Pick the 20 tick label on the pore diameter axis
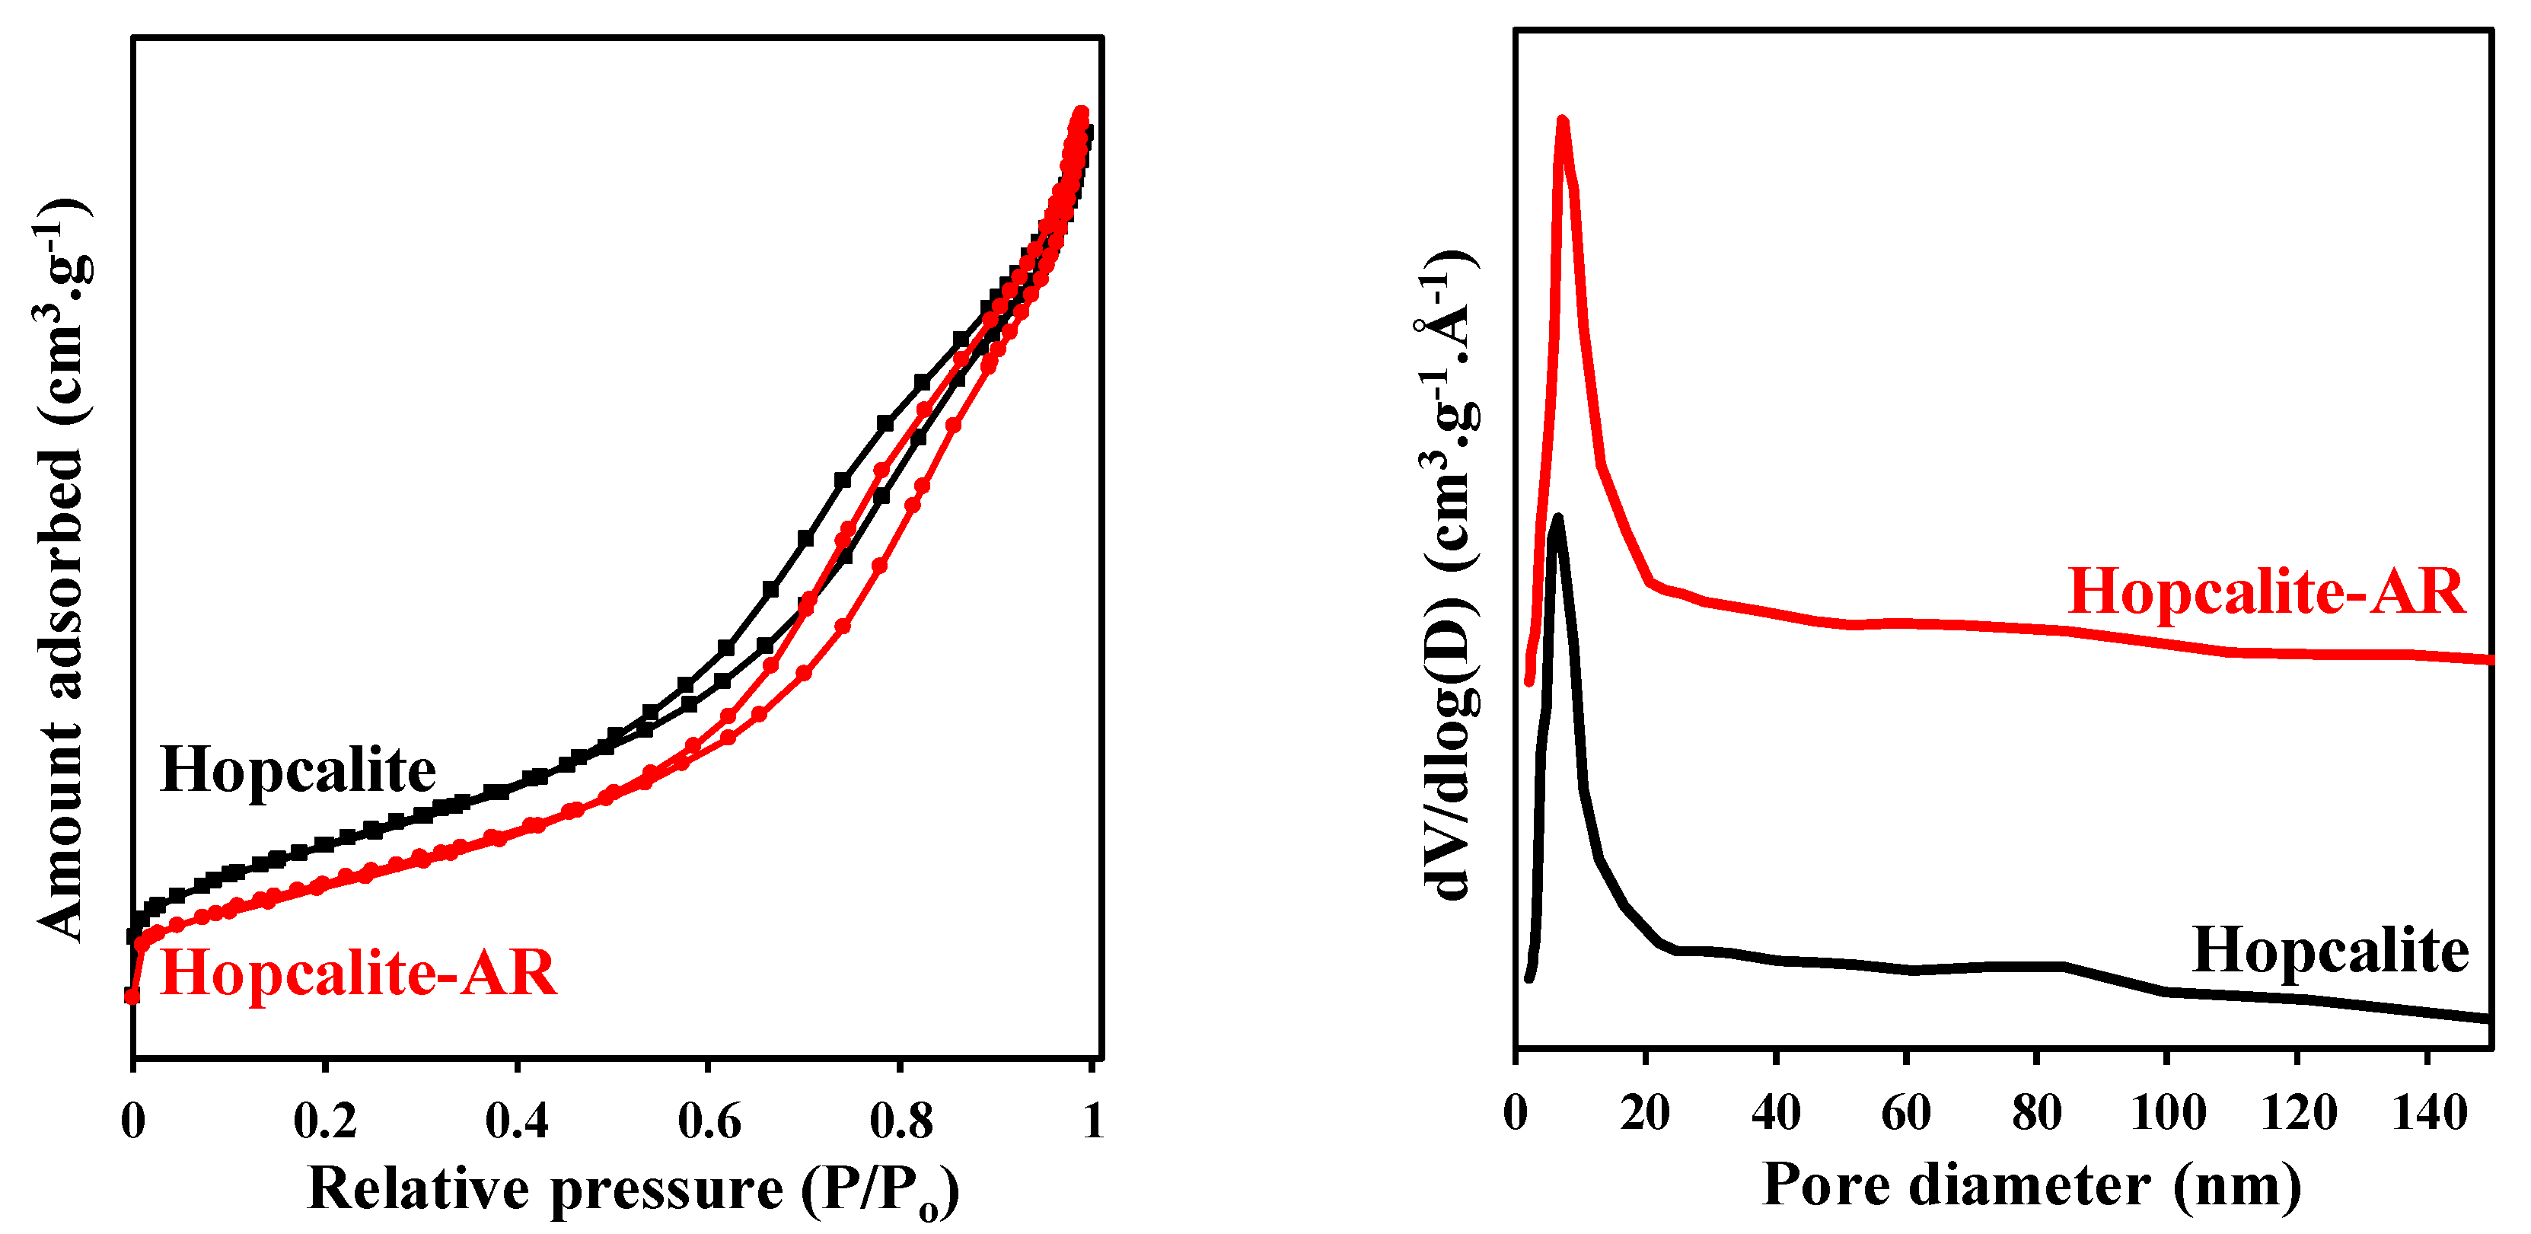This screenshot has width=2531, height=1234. [x=1645, y=1113]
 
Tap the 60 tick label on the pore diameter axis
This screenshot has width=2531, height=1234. [x=1906, y=1113]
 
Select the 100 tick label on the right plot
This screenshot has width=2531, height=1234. [x=2167, y=1113]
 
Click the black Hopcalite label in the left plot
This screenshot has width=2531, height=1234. [x=298, y=770]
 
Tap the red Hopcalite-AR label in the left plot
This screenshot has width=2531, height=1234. [x=358, y=973]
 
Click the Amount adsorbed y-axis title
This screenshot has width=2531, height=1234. [x=61, y=570]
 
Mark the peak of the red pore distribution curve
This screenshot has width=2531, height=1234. [x=1562, y=122]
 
